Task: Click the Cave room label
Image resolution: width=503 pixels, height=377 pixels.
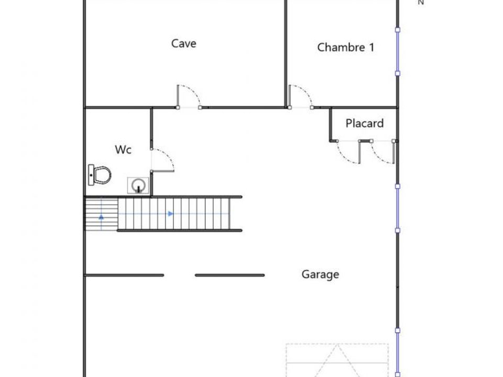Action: (x=183, y=43)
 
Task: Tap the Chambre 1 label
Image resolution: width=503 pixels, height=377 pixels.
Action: (x=345, y=48)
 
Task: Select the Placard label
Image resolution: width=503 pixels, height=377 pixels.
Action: (x=365, y=123)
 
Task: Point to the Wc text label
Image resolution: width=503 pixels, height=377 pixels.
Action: (x=123, y=149)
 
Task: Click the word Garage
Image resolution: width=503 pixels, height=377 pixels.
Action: (x=320, y=274)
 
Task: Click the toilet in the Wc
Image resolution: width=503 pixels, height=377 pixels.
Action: (x=100, y=175)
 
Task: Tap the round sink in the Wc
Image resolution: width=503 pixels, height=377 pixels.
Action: (x=138, y=185)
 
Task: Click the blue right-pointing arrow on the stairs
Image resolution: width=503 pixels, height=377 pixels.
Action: (x=170, y=214)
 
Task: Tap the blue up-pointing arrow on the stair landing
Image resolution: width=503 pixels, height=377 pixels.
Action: (x=101, y=217)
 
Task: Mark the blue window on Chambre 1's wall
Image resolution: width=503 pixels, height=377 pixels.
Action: (x=398, y=52)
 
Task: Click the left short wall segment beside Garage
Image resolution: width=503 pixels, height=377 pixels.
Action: (x=124, y=275)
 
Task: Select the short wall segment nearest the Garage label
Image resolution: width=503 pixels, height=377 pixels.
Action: (x=229, y=275)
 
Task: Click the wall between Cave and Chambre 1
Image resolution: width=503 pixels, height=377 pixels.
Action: (x=286, y=53)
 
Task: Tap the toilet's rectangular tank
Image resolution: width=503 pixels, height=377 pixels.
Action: (x=91, y=175)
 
